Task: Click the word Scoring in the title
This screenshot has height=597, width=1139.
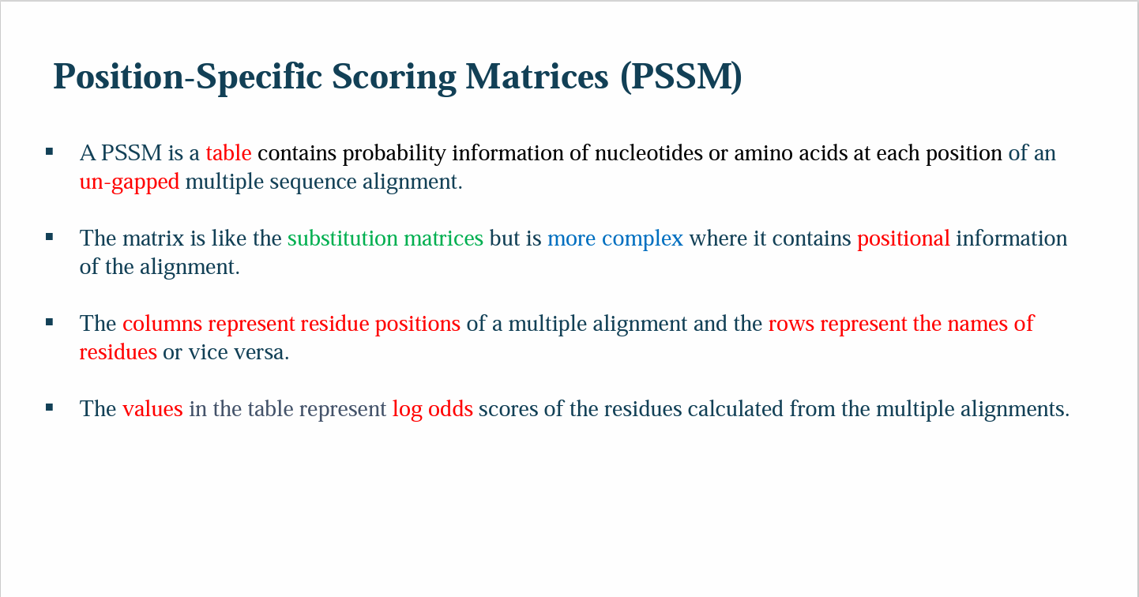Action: pyautogui.click(x=393, y=77)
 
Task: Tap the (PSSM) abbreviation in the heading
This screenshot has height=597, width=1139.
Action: pyautogui.click(x=680, y=77)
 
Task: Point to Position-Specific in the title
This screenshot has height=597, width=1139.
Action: pyautogui.click(x=188, y=77)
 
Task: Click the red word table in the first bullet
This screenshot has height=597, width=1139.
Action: pyautogui.click(x=228, y=153)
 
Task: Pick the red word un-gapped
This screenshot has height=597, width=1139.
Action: pyautogui.click(x=130, y=182)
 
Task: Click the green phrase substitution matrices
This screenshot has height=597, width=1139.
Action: pyautogui.click(x=385, y=238)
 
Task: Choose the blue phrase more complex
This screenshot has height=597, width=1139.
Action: pyautogui.click(x=615, y=238)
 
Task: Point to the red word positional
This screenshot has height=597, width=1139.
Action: pyautogui.click(x=903, y=238)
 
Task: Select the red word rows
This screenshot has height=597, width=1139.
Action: pyautogui.click(x=791, y=324)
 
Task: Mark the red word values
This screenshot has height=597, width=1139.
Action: pyautogui.click(x=152, y=409)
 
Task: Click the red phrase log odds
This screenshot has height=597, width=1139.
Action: pyautogui.click(x=432, y=409)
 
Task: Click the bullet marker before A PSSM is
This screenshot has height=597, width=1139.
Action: pyautogui.click(x=50, y=151)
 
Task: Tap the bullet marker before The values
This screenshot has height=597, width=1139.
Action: pyautogui.click(x=50, y=407)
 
